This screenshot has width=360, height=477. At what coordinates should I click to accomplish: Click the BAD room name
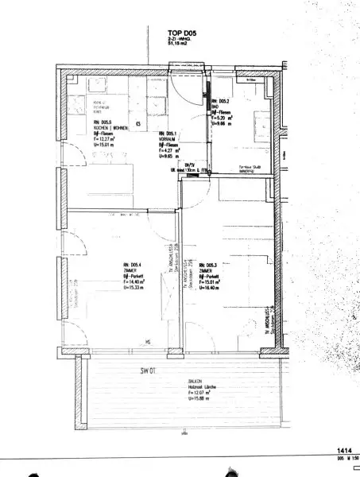click(x=215, y=108)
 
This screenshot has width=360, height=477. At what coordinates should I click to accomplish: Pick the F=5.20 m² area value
click(x=224, y=119)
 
